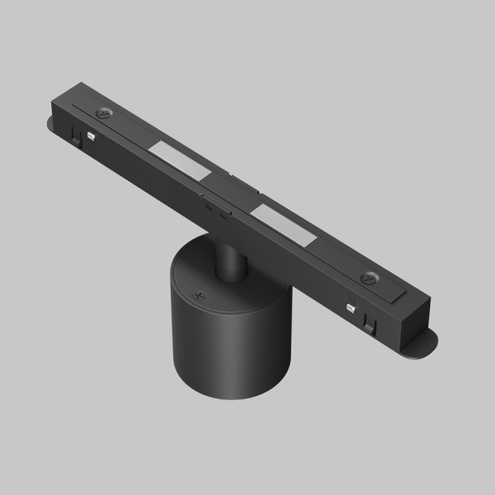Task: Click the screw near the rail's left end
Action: click(x=105, y=113)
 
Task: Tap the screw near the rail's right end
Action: click(x=370, y=277)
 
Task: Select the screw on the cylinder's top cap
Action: click(x=201, y=297)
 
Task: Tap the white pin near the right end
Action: click(x=350, y=305)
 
